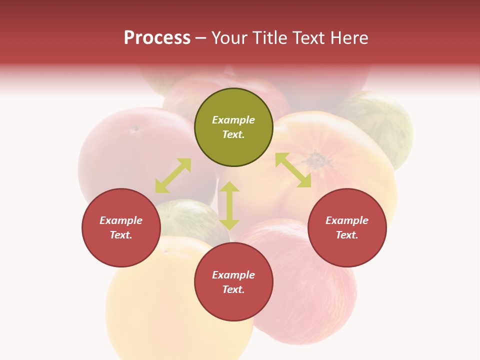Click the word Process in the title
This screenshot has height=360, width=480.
click(157, 38)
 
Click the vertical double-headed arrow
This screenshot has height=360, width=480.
click(229, 205)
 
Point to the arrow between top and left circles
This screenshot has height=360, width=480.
click(173, 175)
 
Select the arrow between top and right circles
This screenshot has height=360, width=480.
click(293, 170)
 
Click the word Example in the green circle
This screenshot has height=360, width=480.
click(233, 120)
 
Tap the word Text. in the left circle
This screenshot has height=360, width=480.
click(121, 235)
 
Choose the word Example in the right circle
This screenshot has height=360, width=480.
click(347, 220)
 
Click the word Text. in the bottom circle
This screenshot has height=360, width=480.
click(233, 289)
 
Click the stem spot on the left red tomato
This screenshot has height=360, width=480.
click(135, 128)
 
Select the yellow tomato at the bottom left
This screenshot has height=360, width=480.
click(165, 310)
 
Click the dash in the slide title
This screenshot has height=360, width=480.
click(201, 38)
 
